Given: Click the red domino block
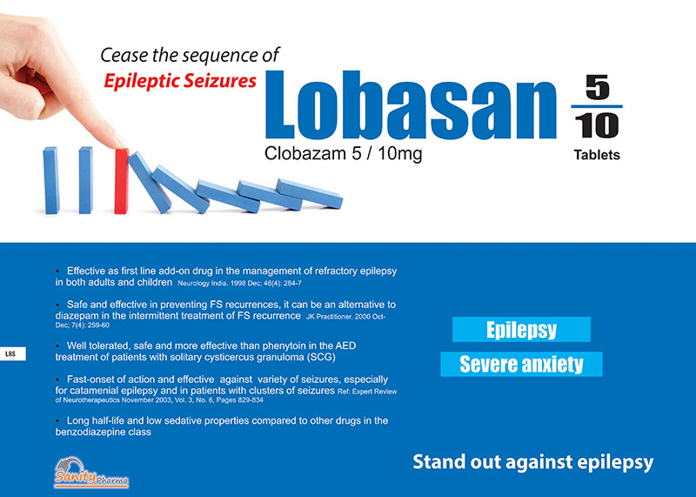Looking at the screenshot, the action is point(121,181).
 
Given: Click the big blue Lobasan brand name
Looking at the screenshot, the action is point(411,105).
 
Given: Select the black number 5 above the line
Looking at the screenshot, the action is point(597,87).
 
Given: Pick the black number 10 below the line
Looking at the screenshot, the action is point(597,125).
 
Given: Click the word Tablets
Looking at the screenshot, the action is point(597,155).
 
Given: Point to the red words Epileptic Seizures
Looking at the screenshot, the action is point(180,81).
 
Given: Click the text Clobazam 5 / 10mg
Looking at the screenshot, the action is point(343,154).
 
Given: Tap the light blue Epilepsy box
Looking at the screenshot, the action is point(521,330).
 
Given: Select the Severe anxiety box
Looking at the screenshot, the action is point(521,364).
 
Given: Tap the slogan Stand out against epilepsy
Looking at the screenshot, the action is point(533,462).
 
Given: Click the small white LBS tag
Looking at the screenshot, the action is point(12,354).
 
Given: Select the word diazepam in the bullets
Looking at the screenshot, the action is point(75,316).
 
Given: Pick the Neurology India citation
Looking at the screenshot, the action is point(240,283).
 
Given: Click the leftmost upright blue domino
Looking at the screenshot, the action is point(51,180).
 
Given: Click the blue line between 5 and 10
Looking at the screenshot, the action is point(597,106).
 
